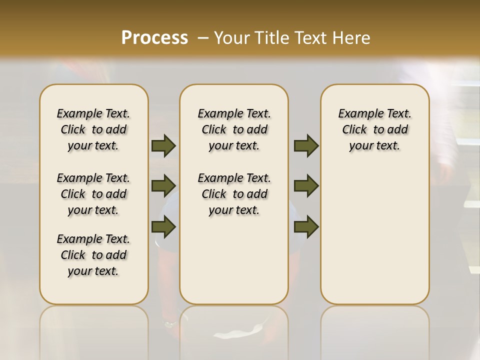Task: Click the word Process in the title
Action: (x=154, y=37)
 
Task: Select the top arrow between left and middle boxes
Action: (x=163, y=145)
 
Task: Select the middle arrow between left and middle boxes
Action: (x=163, y=186)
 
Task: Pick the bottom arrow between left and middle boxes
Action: (x=163, y=227)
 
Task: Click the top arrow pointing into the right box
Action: (x=306, y=145)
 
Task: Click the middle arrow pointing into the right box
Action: (x=306, y=186)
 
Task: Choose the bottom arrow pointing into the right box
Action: (x=306, y=227)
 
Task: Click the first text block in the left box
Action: (x=93, y=129)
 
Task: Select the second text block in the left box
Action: (x=93, y=194)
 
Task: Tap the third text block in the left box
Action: (x=93, y=255)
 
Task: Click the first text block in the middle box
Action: (x=234, y=129)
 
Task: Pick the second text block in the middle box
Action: (x=234, y=194)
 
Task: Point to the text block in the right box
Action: (x=375, y=129)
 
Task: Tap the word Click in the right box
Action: (x=354, y=130)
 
